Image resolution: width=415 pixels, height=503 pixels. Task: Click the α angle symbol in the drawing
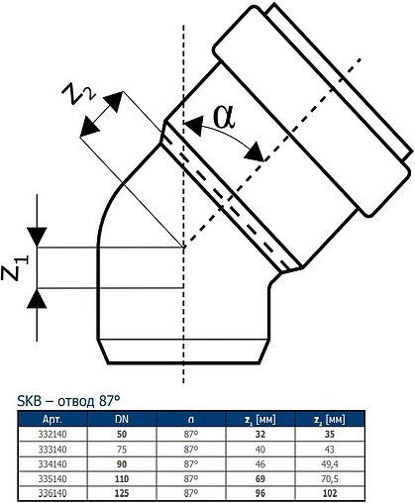(224, 117)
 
